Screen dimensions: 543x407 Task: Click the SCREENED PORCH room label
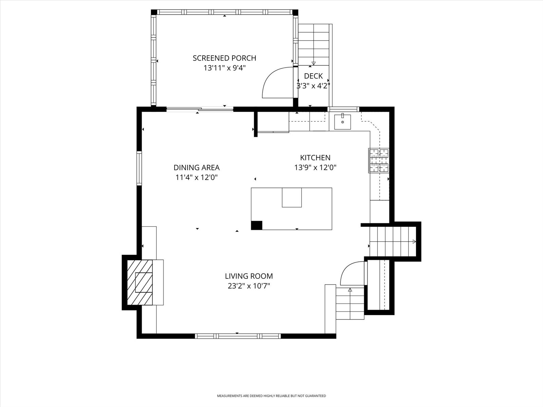(224, 58)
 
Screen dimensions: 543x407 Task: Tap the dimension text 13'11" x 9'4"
(224, 68)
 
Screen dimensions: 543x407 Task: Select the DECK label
(313, 76)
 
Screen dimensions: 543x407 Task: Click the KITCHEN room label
(315, 158)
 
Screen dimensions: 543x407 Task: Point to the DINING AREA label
(196, 168)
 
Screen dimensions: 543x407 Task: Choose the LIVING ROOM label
(249, 276)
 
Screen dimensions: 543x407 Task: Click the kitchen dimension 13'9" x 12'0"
(315, 168)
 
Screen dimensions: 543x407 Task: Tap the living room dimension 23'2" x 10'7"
(249, 286)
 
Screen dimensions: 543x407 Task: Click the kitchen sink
(343, 121)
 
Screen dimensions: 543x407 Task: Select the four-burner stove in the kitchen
(378, 160)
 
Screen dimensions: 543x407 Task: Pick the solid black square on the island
(257, 225)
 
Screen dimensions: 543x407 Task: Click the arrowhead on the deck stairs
(314, 63)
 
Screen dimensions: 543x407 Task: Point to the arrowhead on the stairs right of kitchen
(414, 242)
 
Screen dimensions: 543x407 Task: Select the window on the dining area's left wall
(139, 168)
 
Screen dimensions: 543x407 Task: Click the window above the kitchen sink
(343, 109)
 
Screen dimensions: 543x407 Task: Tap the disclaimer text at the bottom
(271, 395)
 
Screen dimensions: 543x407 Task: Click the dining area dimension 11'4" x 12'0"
(196, 177)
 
